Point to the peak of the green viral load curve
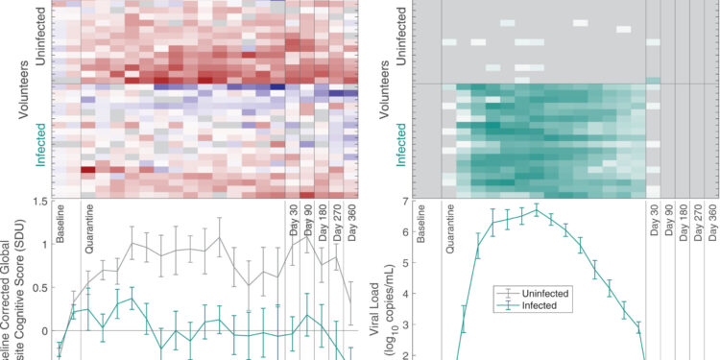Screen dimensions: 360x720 tap(537, 210)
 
